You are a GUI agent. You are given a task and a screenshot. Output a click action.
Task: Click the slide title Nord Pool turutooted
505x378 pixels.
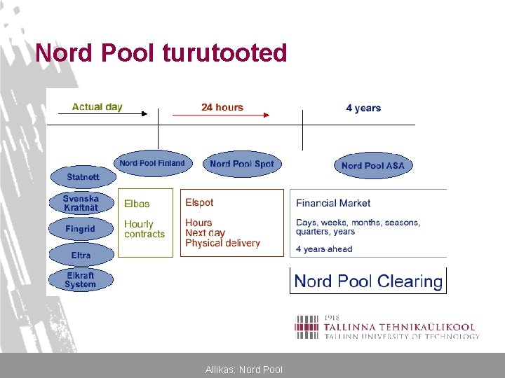(x=161, y=52)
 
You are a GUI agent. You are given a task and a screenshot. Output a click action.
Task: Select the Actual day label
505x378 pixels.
(x=97, y=107)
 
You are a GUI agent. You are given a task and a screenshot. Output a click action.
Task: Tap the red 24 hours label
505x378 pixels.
(x=222, y=107)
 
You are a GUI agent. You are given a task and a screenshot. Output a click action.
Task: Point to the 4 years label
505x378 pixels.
(x=363, y=108)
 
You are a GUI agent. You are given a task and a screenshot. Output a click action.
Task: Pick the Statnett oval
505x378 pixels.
(x=83, y=176)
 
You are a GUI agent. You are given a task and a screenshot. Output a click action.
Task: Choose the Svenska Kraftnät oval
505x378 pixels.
(x=81, y=203)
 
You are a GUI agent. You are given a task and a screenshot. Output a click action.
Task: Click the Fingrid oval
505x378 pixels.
(x=81, y=229)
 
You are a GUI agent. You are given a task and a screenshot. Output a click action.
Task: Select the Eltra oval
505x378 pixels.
(x=81, y=255)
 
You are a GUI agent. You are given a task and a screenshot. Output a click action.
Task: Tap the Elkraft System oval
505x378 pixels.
(x=81, y=280)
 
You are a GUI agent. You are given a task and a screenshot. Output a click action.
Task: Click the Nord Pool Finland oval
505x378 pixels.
(x=151, y=164)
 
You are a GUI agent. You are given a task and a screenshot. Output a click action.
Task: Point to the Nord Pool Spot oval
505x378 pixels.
(x=241, y=164)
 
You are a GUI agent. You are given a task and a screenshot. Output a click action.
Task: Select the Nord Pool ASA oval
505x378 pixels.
(x=372, y=166)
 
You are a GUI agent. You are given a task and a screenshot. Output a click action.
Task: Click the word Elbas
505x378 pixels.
(x=137, y=204)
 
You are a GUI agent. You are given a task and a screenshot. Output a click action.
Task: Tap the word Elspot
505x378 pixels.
(x=199, y=202)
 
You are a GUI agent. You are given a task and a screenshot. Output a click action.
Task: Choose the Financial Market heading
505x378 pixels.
(x=333, y=203)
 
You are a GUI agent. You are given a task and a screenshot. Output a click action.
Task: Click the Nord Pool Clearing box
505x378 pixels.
(x=368, y=281)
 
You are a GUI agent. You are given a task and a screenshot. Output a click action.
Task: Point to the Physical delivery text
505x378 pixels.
(x=222, y=243)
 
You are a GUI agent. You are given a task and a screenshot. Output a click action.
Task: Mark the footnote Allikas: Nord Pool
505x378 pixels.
(x=244, y=369)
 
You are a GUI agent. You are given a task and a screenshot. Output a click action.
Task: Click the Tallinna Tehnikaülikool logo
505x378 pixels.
(x=386, y=327)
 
